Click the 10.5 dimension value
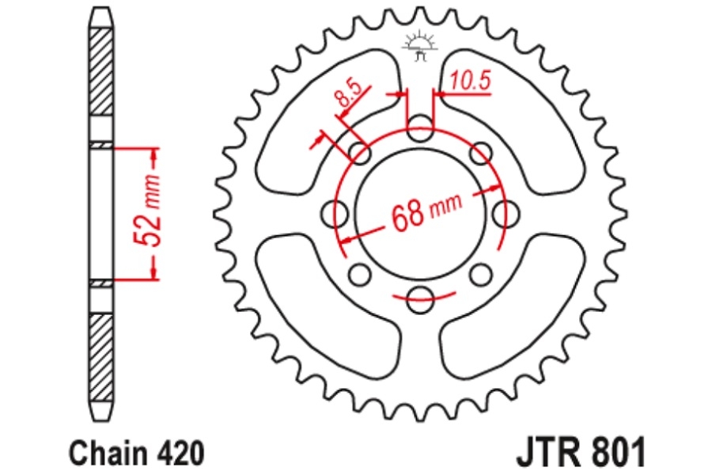(x=471, y=81)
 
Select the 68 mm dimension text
(x=426, y=211)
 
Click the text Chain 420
(x=137, y=452)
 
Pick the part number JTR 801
(x=581, y=452)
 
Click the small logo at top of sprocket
(x=421, y=46)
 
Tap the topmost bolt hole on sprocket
(x=420, y=128)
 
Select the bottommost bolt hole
(x=420, y=300)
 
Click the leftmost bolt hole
(x=334, y=214)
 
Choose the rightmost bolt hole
(x=506, y=214)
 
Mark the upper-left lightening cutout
(x=328, y=119)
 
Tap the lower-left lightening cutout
(x=328, y=309)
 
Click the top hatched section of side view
(x=100, y=71)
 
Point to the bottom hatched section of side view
(x=100, y=357)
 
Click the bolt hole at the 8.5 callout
(x=360, y=153)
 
